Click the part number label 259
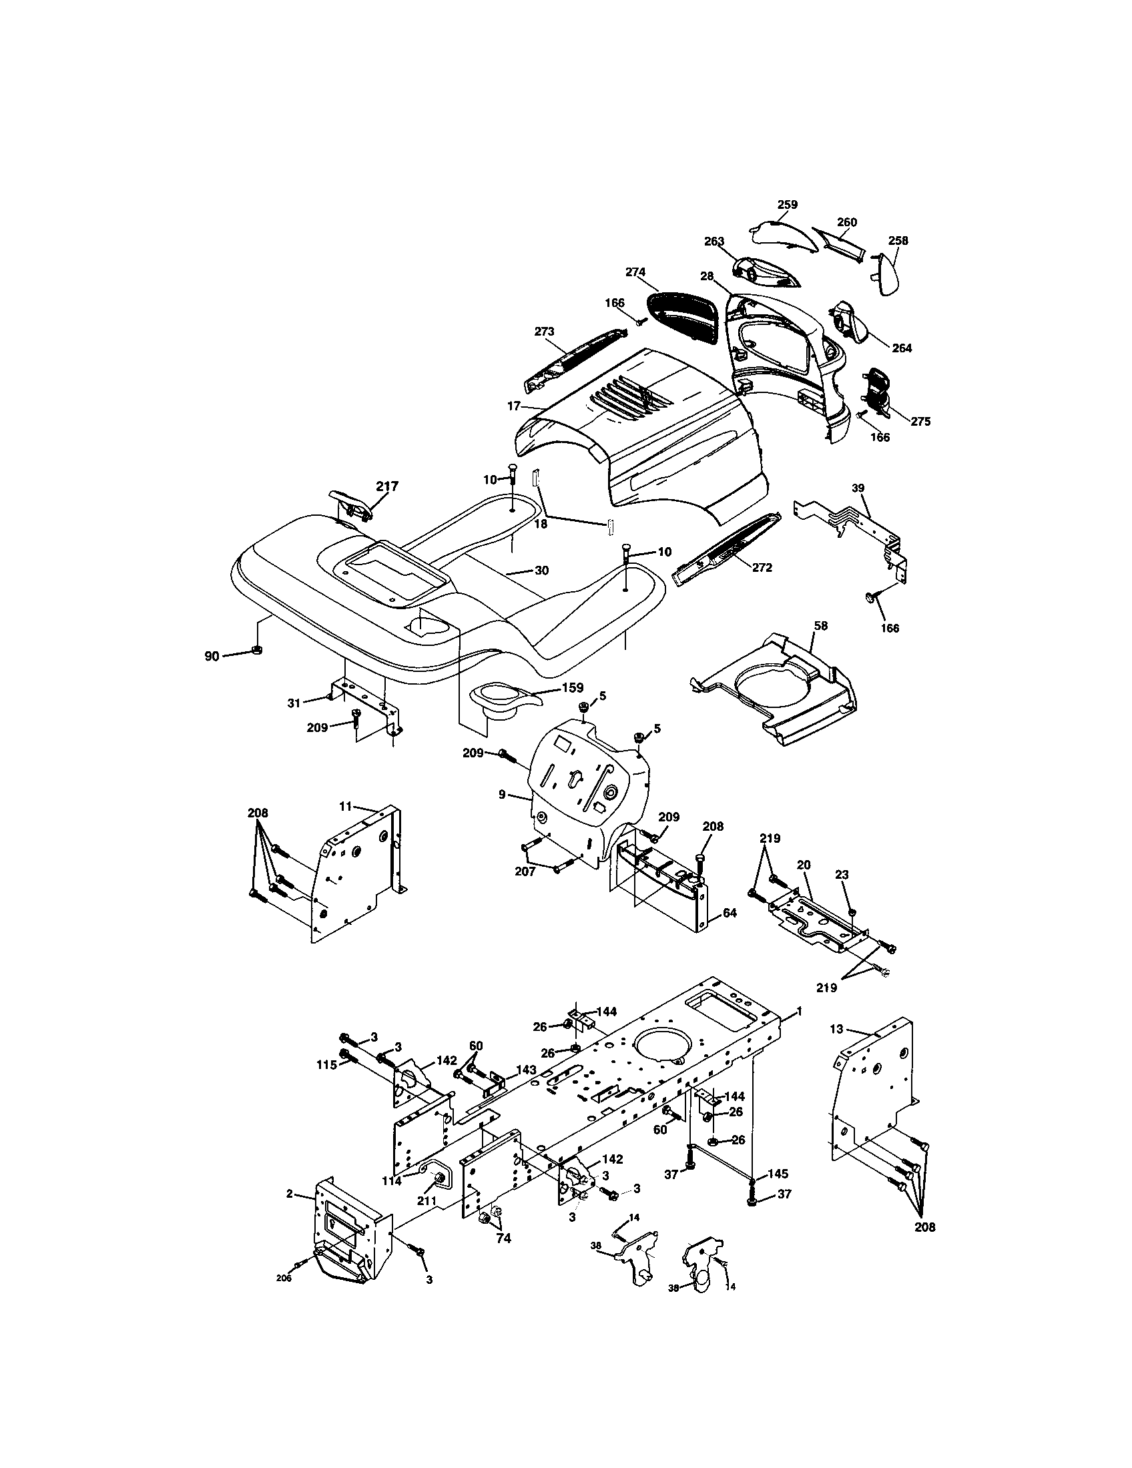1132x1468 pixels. coord(787,204)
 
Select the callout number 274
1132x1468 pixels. coord(635,272)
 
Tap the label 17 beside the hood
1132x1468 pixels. coord(513,406)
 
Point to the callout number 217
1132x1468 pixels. coord(387,486)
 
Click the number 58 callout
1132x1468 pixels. coord(820,625)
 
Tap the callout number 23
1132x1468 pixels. coord(842,875)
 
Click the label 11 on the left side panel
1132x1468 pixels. coord(345,805)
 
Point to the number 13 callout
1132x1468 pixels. coord(836,1030)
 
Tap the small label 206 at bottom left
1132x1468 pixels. coord(284,1278)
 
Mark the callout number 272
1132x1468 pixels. coord(762,567)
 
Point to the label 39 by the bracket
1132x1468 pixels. coord(858,488)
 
